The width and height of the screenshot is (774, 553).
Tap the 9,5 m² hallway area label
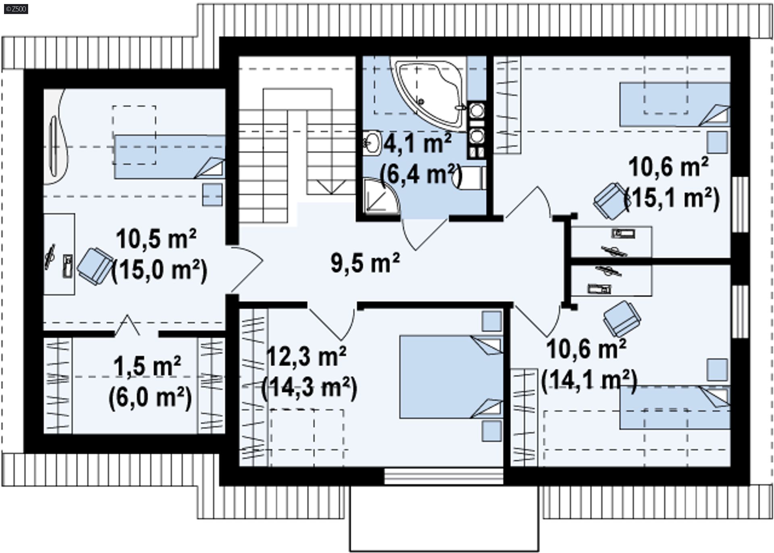pyautogui.click(x=365, y=263)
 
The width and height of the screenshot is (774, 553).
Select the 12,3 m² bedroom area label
pyautogui.click(x=306, y=357)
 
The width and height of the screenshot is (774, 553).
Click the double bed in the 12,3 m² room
pyautogui.click(x=451, y=377)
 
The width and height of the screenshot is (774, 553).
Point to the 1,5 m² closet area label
pyautogui.click(x=147, y=366)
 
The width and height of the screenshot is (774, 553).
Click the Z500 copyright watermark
pyautogui.click(x=16, y=8)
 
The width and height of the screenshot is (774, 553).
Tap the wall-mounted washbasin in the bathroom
pyautogui.click(x=372, y=142)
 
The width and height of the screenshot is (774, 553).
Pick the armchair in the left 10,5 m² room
pyautogui.click(x=95, y=267)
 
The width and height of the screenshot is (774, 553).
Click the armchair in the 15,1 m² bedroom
pyautogui.click(x=611, y=200)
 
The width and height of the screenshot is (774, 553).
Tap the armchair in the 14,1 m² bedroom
pyautogui.click(x=622, y=318)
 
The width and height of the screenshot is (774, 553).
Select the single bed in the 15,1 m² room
pyautogui.click(x=674, y=104)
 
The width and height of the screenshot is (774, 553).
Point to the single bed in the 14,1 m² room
pyautogui.click(x=674, y=407)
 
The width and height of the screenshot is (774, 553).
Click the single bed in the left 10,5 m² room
pyautogui.click(x=169, y=157)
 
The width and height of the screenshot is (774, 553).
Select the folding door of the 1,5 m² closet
pyautogui.click(x=128, y=325)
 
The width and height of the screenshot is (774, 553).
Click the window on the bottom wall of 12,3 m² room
pyautogui.click(x=444, y=476)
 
